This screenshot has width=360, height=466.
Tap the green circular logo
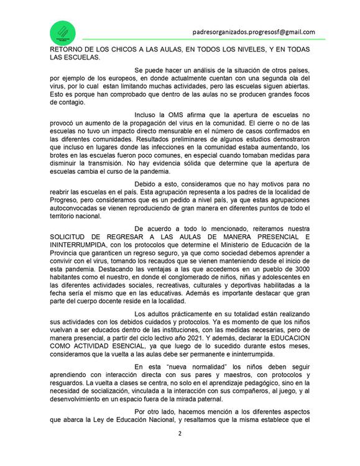tap(63, 31)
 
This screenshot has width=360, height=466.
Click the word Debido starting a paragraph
tap(148, 185)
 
